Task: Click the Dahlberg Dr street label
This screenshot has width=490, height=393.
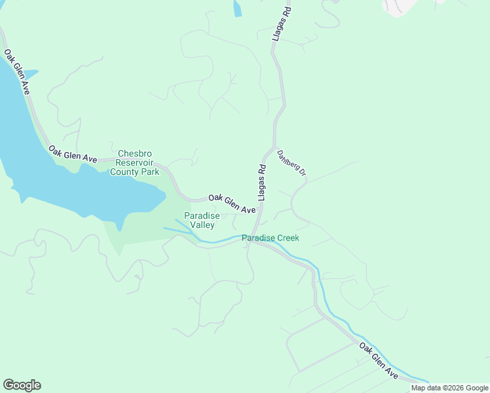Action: (x=292, y=163)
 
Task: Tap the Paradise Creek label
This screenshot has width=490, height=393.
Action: (x=270, y=238)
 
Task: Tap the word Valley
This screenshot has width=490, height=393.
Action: (x=202, y=225)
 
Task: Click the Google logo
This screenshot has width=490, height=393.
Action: (x=22, y=384)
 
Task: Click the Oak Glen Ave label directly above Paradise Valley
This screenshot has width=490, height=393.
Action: (x=232, y=204)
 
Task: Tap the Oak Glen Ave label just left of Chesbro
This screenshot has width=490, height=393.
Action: (x=73, y=155)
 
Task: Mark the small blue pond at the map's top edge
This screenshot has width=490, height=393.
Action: (x=237, y=7)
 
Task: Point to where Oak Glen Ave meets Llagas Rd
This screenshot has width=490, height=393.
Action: (x=260, y=211)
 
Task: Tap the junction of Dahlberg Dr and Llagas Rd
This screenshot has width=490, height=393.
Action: (x=272, y=147)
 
